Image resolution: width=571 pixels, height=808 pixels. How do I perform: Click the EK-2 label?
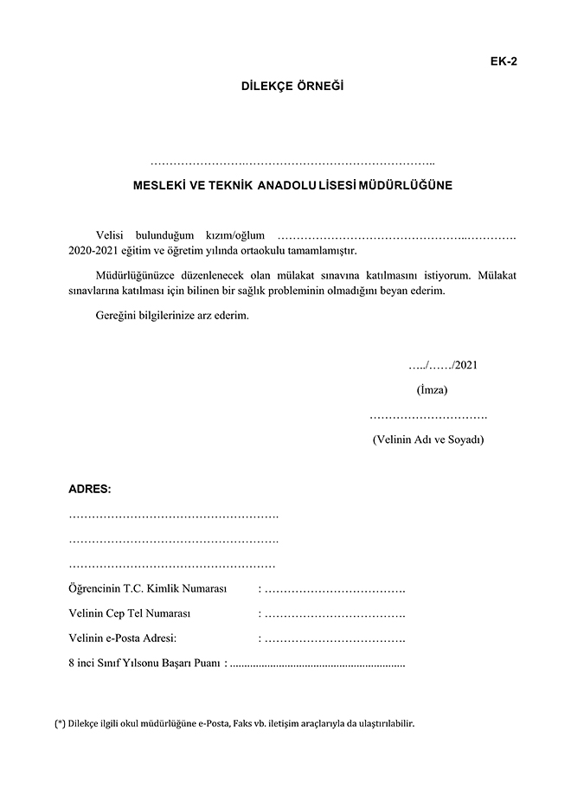(504, 61)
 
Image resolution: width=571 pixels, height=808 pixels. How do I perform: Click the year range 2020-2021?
(93, 250)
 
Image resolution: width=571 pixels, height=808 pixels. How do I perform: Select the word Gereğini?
(117, 316)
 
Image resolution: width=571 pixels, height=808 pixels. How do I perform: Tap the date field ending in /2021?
(443, 364)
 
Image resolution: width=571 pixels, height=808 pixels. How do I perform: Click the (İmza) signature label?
(432, 389)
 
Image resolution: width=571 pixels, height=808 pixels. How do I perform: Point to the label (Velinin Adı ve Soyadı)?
(428, 439)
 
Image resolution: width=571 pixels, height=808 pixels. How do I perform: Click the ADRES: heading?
(90, 489)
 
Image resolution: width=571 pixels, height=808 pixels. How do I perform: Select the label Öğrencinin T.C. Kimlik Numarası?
(147, 589)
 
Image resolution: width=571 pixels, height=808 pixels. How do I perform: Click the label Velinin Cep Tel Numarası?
(129, 613)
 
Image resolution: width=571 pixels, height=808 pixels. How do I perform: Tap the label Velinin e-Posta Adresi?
(122, 638)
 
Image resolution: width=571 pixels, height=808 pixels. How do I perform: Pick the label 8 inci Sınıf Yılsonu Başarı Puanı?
(144, 664)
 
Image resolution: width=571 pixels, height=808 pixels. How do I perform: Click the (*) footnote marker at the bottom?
(60, 723)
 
